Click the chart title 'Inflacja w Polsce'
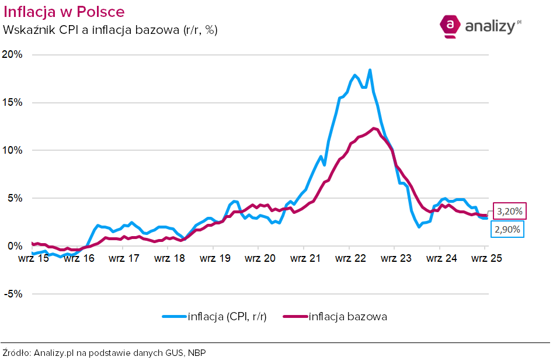[x=64, y=12]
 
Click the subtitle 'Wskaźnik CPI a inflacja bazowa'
[x=110, y=30]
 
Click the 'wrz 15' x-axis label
[x=33, y=258]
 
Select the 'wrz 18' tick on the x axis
[x=169, y=258]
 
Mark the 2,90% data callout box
[x=507, y=230]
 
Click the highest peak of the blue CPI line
[x=370, y=70]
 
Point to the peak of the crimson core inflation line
[x=374, y=128]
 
